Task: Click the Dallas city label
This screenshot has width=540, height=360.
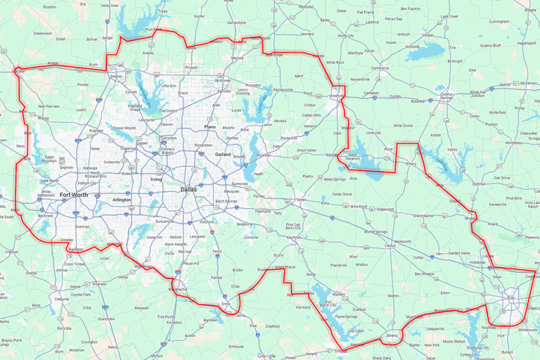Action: [x=188, y=190]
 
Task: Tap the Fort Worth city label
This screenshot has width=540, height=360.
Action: [x=74, y=195]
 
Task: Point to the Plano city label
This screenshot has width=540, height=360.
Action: [x=210, y=127]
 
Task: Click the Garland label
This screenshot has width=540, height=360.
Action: [x=223, y=154]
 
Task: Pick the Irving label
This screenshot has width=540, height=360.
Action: [x=156, y=180]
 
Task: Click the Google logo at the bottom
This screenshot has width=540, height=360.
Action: [x=266, y=356]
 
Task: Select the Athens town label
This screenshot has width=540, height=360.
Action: [x=391, y=335]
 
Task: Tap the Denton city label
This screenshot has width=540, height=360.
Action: [x=117, y=76]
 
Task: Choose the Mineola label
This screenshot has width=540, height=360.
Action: [x=471, y=219]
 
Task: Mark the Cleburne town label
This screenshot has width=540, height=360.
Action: [x=61, y=299]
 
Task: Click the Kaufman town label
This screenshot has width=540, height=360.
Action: [x=294, y=238]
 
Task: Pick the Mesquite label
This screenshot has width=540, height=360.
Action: [x=231, y=191]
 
